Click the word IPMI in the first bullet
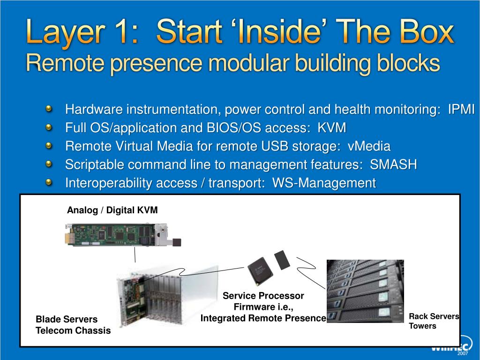click(461, 109)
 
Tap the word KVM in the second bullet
click(332, 127)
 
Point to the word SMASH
click(393, 165)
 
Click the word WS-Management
click(324, 183)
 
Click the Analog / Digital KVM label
click(112, 210)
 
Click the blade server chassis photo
click(167, 295)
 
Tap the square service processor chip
click(260, 270)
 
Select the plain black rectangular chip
click(282, 260)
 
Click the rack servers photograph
click(365, 291)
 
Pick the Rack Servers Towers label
click(434, 321)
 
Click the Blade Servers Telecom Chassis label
click(73, 325)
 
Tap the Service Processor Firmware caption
click(263, 307)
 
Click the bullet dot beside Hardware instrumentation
click(49, 109)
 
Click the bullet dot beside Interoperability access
click(49, 182)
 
